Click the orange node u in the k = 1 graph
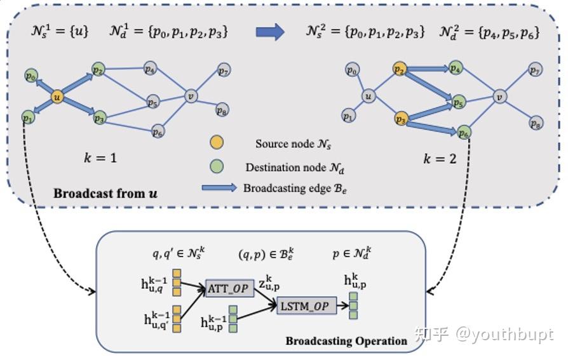pos(58,97)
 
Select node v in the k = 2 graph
pos(500,97)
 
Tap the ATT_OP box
pos(226,289)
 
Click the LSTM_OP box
pos(304,305)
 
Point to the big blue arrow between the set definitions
pos(270,32)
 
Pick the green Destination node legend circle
pos(216,167)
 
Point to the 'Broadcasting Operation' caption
pos(346,341)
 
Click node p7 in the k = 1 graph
pos(223,70)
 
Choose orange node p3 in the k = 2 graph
pos(400,119)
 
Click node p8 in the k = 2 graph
pos(536,123)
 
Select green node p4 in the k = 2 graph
pos(455,68)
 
